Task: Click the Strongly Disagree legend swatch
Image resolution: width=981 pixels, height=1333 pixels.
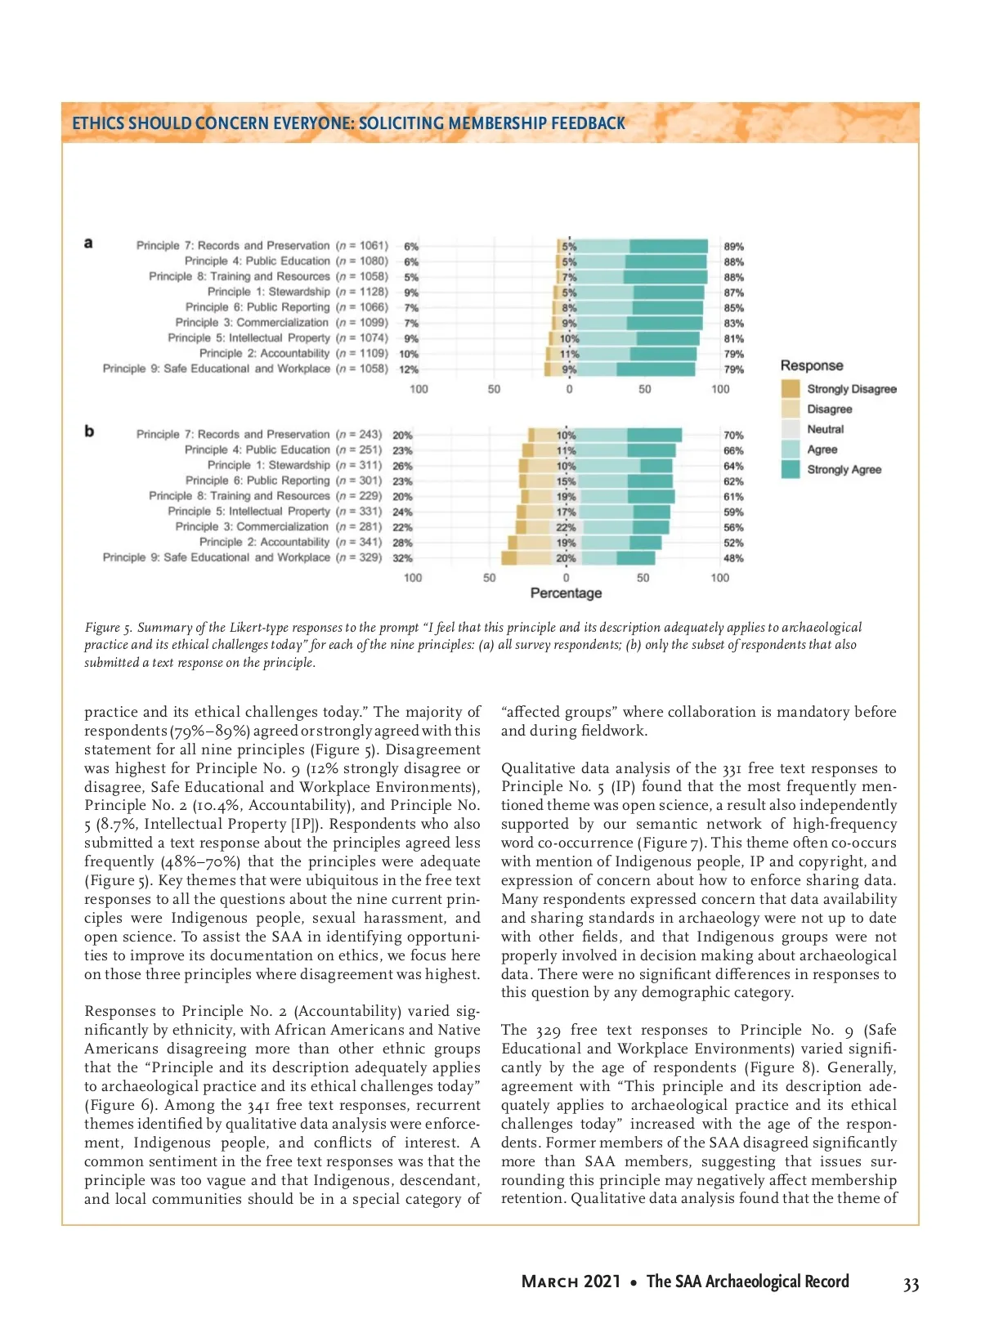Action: coord(790,389)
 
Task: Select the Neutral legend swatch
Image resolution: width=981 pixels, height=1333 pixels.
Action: coord(790,429)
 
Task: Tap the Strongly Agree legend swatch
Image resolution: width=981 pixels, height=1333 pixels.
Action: coord(790,469)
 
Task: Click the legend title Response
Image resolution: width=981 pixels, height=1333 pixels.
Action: coord(811,365)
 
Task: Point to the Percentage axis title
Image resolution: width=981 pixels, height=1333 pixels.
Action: coord(566,593)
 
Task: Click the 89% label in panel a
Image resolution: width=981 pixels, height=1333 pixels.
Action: coord(733,246)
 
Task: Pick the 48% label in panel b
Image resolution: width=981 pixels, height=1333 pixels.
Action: coord(733,558)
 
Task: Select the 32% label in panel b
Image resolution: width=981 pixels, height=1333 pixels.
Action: coord(402,558)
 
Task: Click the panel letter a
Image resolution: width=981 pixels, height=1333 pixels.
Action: coord(88,243)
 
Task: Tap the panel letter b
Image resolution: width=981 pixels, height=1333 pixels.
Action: coord(89,432)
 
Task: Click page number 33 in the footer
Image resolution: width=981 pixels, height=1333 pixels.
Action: coord(911,1285)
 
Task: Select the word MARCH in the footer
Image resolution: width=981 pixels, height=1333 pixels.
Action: coord(550,1282)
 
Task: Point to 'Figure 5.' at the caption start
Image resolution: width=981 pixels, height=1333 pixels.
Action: coord(108,628)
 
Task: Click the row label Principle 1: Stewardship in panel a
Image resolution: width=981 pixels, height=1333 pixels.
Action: coord(269,292)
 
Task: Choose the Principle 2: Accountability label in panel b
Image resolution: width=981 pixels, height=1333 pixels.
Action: coord(264,542)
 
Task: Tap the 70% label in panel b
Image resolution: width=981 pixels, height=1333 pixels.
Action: coord(733,436)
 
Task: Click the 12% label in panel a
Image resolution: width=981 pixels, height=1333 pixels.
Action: coord(408,369)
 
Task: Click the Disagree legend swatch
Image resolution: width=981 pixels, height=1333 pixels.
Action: coord(790,409)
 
